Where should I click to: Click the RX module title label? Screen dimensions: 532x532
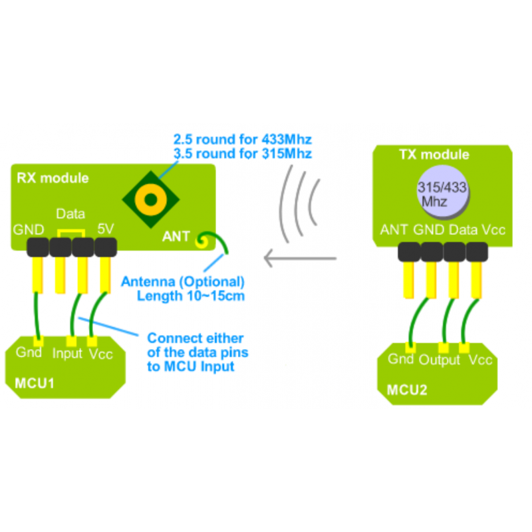(53, 178)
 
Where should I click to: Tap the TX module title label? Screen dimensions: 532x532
(434, 155)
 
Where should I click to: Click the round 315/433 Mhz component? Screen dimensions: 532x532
(442, 192)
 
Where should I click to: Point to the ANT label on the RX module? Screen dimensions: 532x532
(176, 236)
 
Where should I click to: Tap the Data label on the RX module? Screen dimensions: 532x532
(70, 214)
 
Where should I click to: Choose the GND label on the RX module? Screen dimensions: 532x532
(29, 230)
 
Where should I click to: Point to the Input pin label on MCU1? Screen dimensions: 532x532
(67, 353)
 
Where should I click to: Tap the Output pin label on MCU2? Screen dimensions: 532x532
(440, 360)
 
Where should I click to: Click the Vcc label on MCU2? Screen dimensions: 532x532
(480, 360)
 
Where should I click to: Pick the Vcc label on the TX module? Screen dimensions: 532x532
(493, 230)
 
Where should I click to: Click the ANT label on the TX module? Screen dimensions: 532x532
(394, 230)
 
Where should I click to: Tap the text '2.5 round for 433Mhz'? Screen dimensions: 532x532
(243, 140)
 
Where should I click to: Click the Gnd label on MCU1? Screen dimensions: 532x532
(29, 352)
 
